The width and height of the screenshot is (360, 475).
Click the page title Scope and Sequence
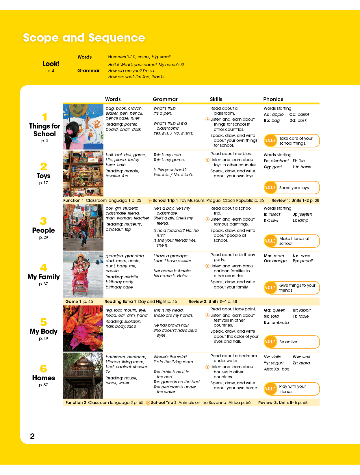pos(84,38)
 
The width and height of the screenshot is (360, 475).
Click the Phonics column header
pos(273,99)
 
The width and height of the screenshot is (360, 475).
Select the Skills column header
pos(216,99)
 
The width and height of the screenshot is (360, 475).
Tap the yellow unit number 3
pos(43,221)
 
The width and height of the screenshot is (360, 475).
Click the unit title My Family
pos(44,277)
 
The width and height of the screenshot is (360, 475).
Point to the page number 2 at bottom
pos(32,436)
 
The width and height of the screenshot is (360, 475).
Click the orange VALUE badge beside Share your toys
pos(270,188)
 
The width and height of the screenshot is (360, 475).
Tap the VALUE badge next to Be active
pos(270,342)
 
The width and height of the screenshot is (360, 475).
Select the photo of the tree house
pos(83,375)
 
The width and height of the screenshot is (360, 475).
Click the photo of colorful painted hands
pos(83,329)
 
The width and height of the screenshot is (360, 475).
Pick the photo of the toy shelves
pos(83,174)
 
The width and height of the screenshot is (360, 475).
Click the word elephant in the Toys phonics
pos(280,161)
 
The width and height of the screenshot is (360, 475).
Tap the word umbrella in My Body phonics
pos(280,323)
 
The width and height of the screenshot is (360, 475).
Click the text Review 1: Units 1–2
pos(290,200)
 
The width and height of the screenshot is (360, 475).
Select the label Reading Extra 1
pos(120,301)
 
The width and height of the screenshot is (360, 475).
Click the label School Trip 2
pos(164,403)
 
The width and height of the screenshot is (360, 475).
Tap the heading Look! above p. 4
pos(51,64)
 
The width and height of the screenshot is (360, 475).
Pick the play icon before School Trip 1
pos(150,200)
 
